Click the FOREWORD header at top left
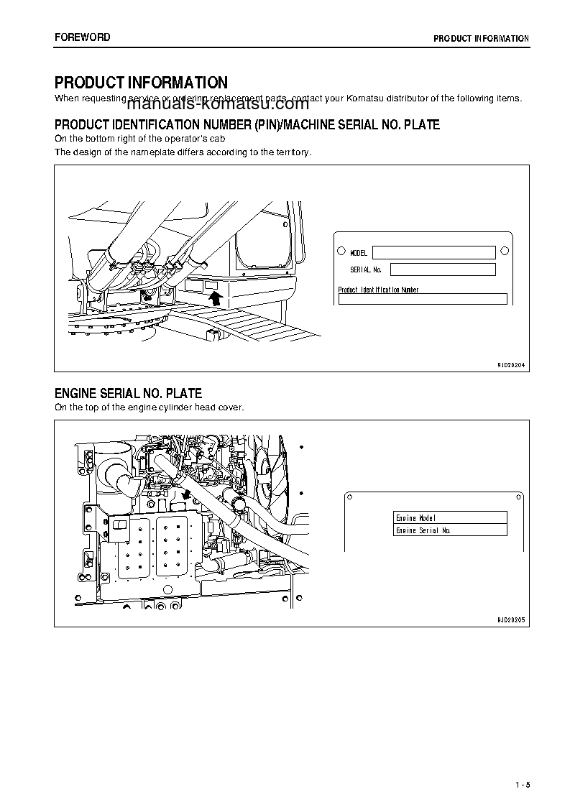point(82,37)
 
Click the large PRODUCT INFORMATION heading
point(141,83)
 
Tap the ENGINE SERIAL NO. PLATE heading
point(128,393)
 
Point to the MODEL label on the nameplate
point(359,253)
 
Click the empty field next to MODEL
point(433,252)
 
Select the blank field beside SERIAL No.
point(443,269)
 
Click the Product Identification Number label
point(378,290)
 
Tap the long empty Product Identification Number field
point(423,300)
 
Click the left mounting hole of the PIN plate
point(341,252)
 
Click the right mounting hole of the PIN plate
point(505,250)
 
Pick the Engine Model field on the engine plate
point(451,517)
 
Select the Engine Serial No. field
point(451,530)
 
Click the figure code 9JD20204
point(511,365)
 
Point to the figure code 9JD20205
point(511,619)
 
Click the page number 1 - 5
point(522,784)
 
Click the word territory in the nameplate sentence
point(294,152)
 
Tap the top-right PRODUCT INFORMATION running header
point(481,39)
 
